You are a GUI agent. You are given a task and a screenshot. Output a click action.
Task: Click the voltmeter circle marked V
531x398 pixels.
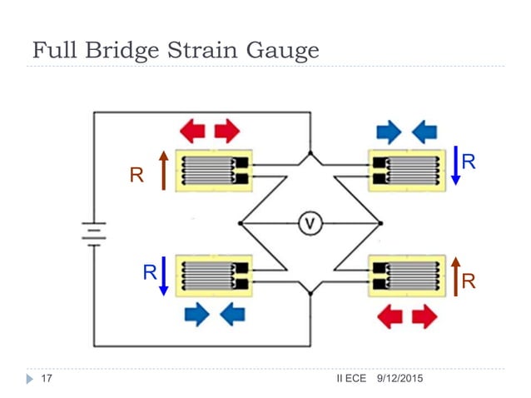(310, 223)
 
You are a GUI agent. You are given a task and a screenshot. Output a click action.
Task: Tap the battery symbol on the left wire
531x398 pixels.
(93, 232)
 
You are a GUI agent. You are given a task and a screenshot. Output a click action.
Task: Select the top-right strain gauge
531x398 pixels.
(409, 170)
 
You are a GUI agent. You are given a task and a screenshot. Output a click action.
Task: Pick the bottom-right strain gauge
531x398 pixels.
(409, 276)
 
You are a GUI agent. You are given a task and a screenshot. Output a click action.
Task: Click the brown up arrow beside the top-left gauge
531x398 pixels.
(164, 171)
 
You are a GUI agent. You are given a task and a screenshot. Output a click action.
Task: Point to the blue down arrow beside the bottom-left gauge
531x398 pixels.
(164, 276)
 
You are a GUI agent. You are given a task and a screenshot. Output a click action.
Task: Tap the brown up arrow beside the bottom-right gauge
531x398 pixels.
(455, 276)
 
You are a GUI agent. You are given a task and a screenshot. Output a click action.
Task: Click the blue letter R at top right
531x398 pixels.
(470, 162)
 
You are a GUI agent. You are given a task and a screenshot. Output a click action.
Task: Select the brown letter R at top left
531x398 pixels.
(136, 176)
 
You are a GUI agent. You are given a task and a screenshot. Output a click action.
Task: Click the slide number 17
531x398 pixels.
(47, 380)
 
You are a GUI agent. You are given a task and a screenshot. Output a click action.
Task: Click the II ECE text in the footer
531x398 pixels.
(351, 380)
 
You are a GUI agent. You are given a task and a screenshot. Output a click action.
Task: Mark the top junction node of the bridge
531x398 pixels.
(310, 154)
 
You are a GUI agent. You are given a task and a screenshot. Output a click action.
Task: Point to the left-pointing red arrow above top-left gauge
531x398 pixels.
(193, 130)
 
